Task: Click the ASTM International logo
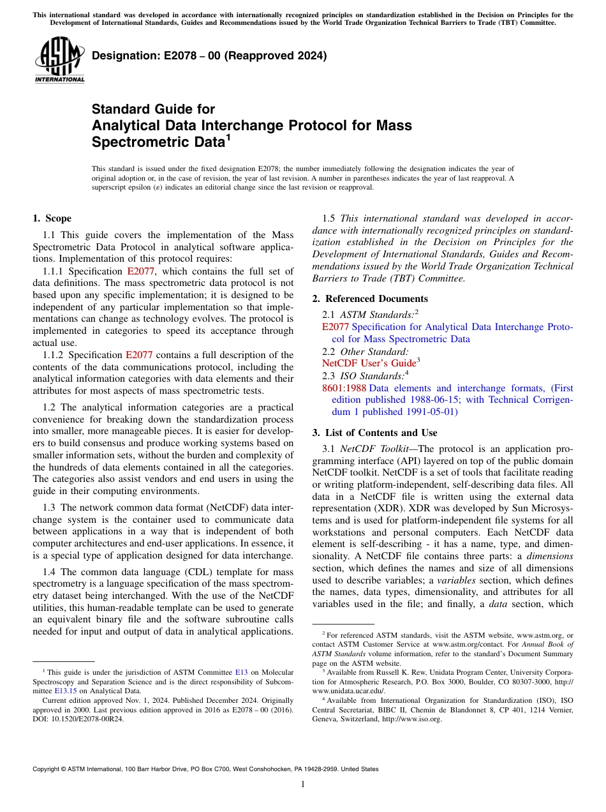(59, 60)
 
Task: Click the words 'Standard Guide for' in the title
(153, 109)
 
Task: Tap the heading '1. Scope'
(52, 218)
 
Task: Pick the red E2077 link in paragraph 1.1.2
(139, 355)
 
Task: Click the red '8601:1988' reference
(344, 388)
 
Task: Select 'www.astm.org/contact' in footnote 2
(466, 645)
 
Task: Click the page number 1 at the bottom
(303, 785)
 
